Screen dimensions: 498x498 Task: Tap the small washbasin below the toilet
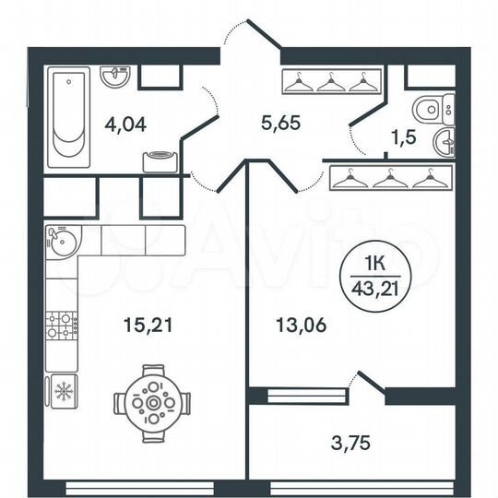tap(446, 142)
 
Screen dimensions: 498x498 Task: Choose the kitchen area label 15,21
tap(146, 324)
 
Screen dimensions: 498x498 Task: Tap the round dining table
tap(153, 402)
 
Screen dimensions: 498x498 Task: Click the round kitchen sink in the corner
tap(58, 242)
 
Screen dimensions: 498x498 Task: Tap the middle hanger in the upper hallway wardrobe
tap(329, 84)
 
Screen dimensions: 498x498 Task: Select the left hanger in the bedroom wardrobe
tap(347, 178)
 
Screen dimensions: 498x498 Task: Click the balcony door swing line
tap(367, 380)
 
